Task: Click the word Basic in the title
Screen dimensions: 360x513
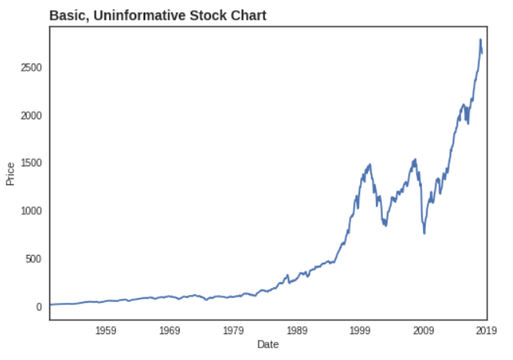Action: pyautogui.click(x=66, y=16)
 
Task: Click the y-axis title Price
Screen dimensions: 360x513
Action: pyautogui.click(x=11, y=173)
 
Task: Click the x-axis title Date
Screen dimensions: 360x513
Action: pyautogui.click(x=267, y=344)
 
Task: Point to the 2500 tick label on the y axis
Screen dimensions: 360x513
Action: pyautogui.click(x=31, y=67)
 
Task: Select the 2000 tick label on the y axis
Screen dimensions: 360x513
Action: pyautogui.click(x=31, y=115)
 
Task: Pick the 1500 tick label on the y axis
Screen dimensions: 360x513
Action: pyautogui.click(x=31, y=163)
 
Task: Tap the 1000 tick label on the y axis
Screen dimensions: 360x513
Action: pyautogui.click(x=31, y=211)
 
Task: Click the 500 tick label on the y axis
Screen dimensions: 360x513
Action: pyautogui.click(x=33, y=259)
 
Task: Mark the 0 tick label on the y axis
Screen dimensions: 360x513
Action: pyautogui.click(x=38, y=307)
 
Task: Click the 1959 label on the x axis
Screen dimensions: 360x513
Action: pyautogui.click(x=107, y=330)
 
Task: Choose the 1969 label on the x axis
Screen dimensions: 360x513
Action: pyautogui.click(x=170, y=330)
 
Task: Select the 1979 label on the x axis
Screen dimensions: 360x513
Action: pyautogui.click(x=234, y=330)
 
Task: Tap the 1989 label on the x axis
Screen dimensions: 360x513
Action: pyautogui.click(x=297, y=330)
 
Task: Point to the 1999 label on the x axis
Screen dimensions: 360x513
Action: pyautogui.click(x=360, y=330)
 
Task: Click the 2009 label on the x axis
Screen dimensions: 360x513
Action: pyautogui.click(x=424, y=330)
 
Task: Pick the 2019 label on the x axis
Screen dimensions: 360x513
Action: pyautogui.click(x=486, y=330)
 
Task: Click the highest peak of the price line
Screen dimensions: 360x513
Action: pyautogui.click(x=480, y=39)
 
